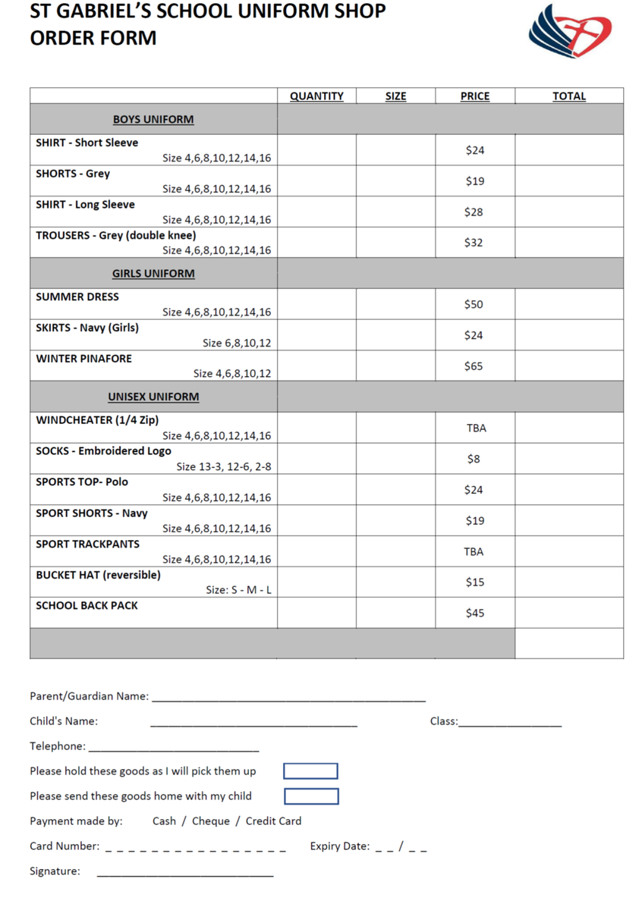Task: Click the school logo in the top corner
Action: click(x=571, y=31)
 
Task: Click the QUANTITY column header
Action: click(x=316, y=96)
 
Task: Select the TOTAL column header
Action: click(x=568, y=96)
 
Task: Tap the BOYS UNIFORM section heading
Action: click(x=153, y=120)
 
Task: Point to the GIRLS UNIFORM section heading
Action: click(x=153, y=274)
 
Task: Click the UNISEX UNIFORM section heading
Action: click(x=153, y=397)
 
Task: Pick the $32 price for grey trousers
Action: click(x=474, y=243)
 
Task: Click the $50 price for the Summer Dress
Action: click(x=474, y=304)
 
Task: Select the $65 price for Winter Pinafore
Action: click(x=474, y=366)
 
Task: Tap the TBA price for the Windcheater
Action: click(x=476, y=428)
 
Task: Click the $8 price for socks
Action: click(x=474, y=459)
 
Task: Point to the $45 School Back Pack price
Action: click(x=474, y=613)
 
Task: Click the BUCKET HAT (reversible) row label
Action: click(x=98, y=575)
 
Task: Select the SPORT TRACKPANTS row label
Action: click(x=87, y=544)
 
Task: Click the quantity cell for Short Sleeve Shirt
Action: click(x=316, y=150)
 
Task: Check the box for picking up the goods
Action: click(x=310, y=771)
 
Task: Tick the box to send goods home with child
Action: click(x=311, y=796)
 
